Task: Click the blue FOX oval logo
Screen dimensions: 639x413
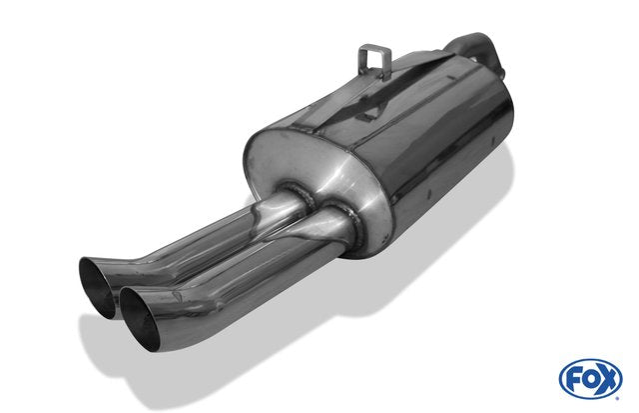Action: click(590, 379)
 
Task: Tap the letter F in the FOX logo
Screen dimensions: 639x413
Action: click(574, 380)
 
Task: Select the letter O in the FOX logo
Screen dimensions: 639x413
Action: click(590, 380)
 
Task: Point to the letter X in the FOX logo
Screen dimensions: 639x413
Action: click(607, 380)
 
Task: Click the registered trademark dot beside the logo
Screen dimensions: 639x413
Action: click(617, 398)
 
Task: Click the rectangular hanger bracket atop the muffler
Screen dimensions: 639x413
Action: click(374, 61)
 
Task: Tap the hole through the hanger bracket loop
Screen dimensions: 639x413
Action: click(375, 58)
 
